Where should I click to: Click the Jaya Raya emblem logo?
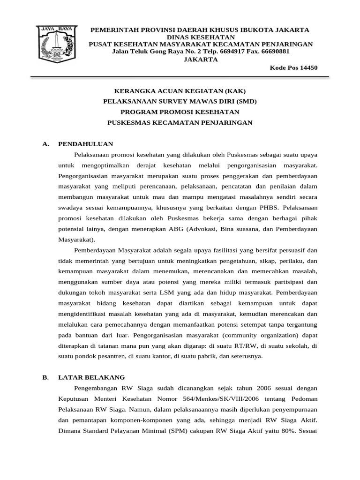tap(56, 44)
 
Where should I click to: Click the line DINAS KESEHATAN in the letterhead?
tap(201, 37)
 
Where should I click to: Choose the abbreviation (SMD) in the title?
tap(247, 101)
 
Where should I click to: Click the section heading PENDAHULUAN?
tap(85, 144)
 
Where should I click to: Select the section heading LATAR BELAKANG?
tap(91, 377)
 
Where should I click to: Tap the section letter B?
tap(45, 377)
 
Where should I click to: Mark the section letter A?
tap(45, 144)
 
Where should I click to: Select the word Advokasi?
tap(211, 229)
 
